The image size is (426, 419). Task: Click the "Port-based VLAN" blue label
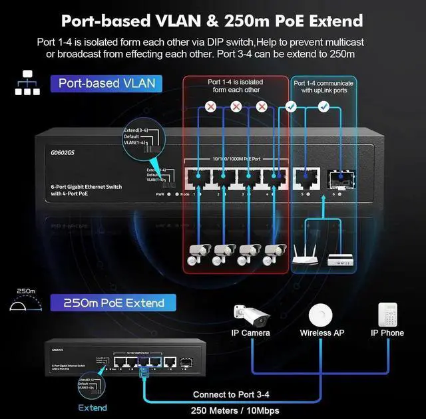coord(106,83)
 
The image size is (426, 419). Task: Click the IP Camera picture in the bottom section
coord(250,315)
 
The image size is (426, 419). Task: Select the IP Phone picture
coord(387,314)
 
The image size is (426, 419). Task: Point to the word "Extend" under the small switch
coord(93,407)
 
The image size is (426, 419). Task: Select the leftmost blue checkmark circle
coord(290,106)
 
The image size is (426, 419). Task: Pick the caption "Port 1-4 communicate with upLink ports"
coord(324,86)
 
